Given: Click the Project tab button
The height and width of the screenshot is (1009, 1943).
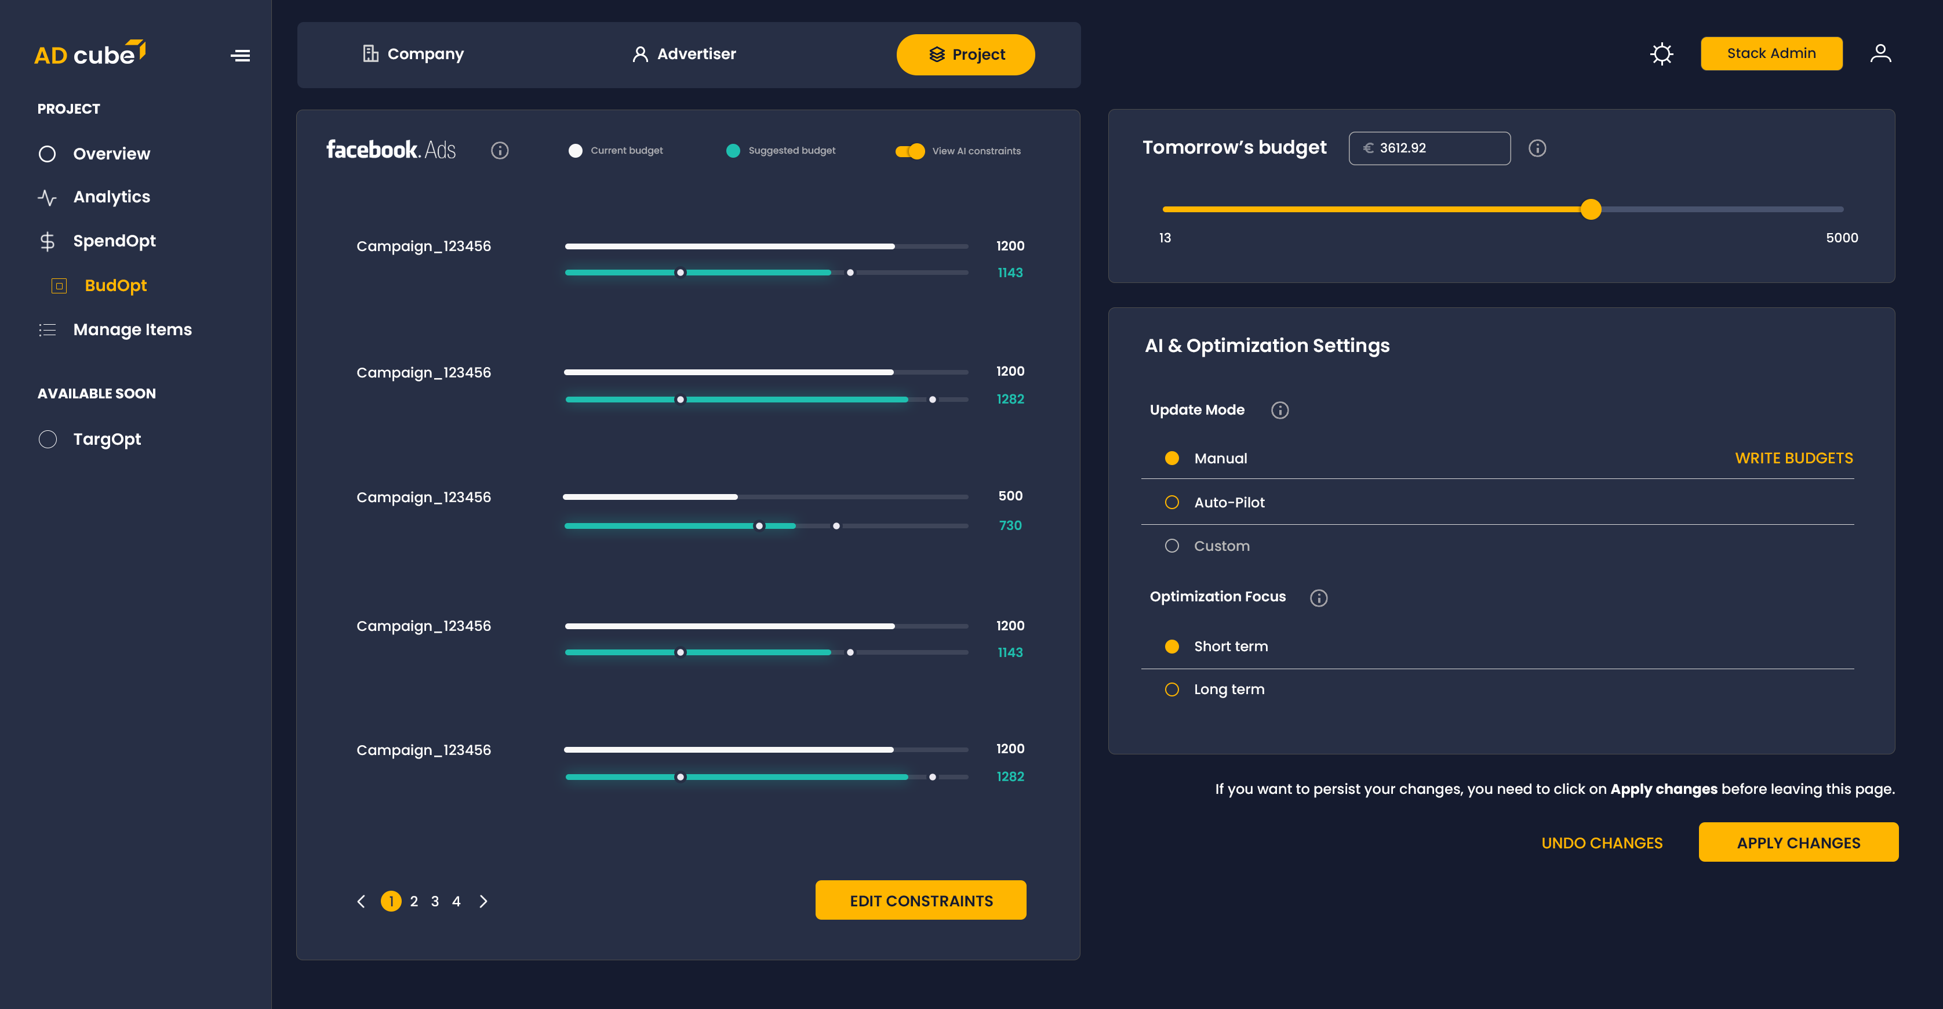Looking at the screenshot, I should [x=966, y=55].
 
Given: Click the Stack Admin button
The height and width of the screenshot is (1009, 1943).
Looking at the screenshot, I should [x=1770, y=53].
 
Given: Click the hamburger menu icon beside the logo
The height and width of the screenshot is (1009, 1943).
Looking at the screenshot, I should [x=240, y=56].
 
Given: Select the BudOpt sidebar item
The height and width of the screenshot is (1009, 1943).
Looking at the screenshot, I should [x=115, y=285].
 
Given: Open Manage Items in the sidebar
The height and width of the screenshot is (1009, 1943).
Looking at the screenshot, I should [x=132, y=330].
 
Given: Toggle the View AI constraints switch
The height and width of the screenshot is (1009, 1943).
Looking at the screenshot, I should [x=909, y=151].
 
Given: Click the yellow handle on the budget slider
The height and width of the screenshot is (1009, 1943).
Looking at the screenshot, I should [x=1591, y=209].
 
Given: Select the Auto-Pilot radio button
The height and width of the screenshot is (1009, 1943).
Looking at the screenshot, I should [x=1171, y=503].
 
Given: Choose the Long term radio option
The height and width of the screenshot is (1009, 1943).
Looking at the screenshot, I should [x=1171, y=689].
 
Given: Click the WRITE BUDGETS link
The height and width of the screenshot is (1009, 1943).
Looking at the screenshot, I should [x=1793, y=458].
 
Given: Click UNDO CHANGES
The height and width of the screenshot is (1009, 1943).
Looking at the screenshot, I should [x=1602, y=843].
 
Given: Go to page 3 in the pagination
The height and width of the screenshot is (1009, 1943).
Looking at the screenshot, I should [x=435, y=901].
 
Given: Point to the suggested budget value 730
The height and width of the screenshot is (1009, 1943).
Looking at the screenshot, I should [x=1010, y=525].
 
